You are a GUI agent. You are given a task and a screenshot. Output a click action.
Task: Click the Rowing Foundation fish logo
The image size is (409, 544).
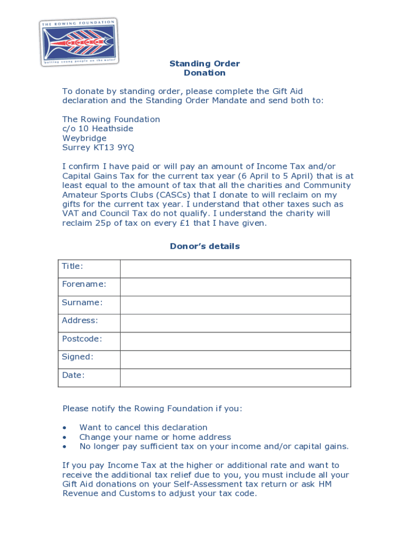click(x=79, y=41)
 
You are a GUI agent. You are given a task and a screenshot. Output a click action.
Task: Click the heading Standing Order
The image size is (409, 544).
click(x=204, y=64)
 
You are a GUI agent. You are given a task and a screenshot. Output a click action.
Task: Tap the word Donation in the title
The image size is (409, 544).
click(x=204, y=73)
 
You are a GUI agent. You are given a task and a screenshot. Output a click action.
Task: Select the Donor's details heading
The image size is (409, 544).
click(x=204, y=246)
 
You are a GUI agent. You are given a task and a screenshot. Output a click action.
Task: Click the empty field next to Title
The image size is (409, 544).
click(x=235, y=269)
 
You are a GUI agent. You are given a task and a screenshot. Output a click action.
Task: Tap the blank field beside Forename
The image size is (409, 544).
click(x=235, y=287)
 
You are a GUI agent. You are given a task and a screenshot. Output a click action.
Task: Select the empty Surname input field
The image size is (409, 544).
click(x=235, y=305)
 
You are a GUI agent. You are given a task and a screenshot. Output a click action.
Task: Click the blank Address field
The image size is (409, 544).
click(x=235, y=323)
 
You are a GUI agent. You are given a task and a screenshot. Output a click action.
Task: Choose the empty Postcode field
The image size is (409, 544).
click(x=235, y=341)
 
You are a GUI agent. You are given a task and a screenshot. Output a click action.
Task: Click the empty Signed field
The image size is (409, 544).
click(x=235, y=359)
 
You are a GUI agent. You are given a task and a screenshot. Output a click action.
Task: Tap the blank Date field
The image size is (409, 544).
click(x=235, y=377)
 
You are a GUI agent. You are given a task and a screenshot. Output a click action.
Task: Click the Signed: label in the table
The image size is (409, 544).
click(x=78, y=357)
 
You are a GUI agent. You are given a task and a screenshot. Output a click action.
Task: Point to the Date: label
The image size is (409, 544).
click(x=73, y=375)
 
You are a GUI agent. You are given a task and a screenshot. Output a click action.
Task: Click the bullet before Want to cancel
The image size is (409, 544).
click(x=64, y=428)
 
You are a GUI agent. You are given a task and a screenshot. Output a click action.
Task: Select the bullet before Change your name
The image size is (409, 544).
click(x=64, y=437)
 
